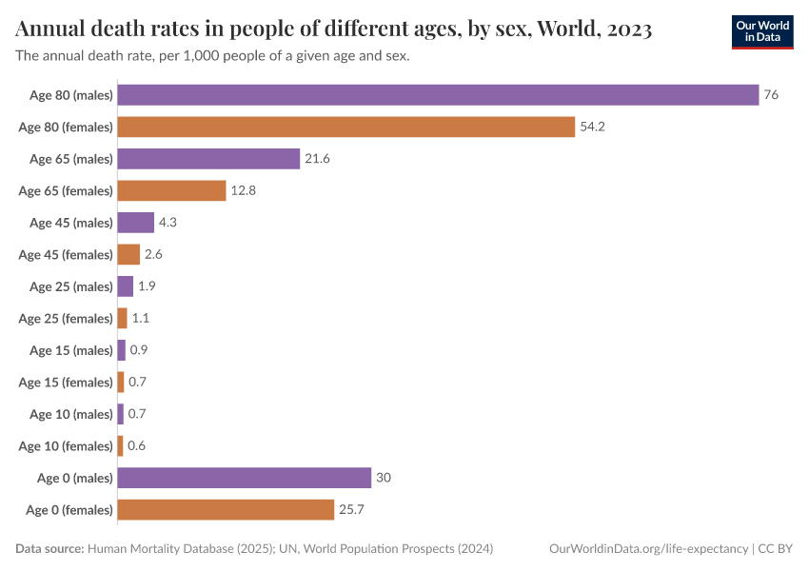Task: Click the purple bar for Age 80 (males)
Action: (x=438, y=95)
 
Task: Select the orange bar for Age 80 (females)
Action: (x=346, y=127)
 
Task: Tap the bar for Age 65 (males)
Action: (x=208, y=159)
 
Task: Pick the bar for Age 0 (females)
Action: (x=226, y=510)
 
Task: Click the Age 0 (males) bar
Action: (x=244, y=478)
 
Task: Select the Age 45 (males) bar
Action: (x=135, y=223)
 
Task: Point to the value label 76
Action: (x=771, y=95)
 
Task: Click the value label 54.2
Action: (x=593, y=127)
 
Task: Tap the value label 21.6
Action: (x=317, y=159)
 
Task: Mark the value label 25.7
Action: (x=352, y=510)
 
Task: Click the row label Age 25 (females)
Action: (x=66, y=319)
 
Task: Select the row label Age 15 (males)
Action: (x=71, y=350)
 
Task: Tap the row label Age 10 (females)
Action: (x=66, y=446)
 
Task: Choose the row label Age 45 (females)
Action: (x=66, y=255)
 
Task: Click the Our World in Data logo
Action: (x=762, y=31)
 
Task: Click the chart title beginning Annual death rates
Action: (x=333, y=30)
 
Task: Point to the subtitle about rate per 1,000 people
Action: (x=212, y=56)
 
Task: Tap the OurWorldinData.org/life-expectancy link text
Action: (x=648, y=549)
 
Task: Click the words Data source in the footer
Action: (x=49, y=549)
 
